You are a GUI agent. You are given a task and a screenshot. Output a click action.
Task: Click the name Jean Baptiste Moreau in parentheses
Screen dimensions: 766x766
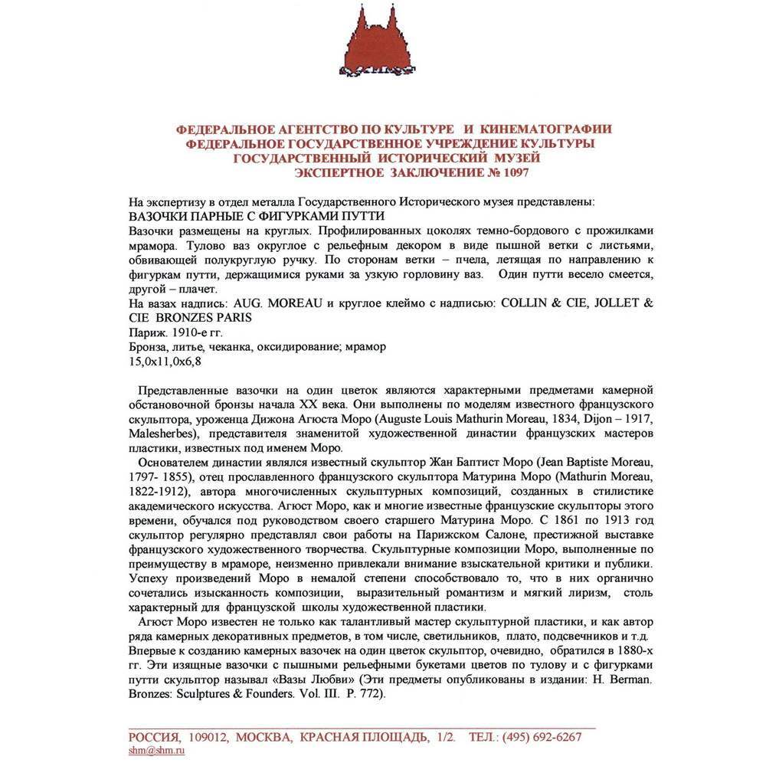coord(588,463)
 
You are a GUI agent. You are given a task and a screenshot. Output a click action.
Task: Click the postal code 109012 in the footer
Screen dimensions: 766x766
coord(206,737)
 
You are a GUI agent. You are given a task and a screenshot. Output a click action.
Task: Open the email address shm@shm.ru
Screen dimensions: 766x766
coord(156,751)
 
